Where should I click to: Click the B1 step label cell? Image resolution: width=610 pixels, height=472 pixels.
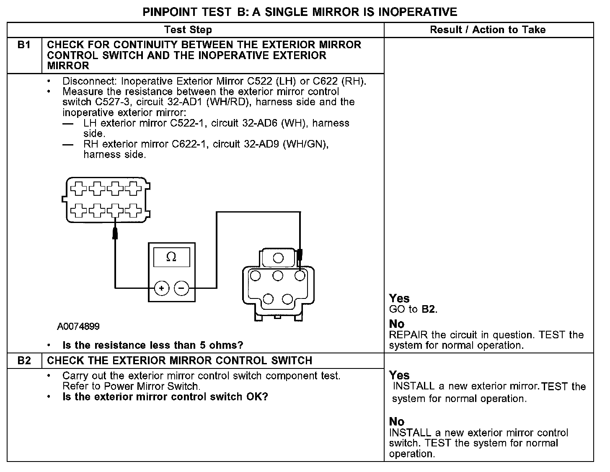24,45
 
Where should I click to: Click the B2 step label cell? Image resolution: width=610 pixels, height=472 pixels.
24,360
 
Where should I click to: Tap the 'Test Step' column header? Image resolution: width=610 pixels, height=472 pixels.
188,30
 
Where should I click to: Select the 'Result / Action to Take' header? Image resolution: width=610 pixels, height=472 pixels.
488,30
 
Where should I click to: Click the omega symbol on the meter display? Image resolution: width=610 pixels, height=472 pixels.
171,257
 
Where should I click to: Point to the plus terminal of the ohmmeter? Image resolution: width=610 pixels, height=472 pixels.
161,288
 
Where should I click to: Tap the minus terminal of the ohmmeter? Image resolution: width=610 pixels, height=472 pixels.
181,288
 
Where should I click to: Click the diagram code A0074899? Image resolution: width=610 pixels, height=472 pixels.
78,327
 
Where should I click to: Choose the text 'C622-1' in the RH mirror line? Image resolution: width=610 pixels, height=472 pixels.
190,144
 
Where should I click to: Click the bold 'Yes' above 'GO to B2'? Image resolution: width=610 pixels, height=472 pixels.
399,298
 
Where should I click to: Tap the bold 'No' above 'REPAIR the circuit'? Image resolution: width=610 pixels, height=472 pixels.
396,324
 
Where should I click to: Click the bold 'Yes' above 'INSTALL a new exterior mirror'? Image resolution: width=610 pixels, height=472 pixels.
399,375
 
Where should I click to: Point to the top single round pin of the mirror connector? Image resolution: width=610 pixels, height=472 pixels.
278,257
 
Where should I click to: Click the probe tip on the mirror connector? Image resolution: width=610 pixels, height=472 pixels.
300,255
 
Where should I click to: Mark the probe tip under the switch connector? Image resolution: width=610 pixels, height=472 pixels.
115,233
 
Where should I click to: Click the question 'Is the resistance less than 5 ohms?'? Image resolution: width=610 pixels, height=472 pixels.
152,345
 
